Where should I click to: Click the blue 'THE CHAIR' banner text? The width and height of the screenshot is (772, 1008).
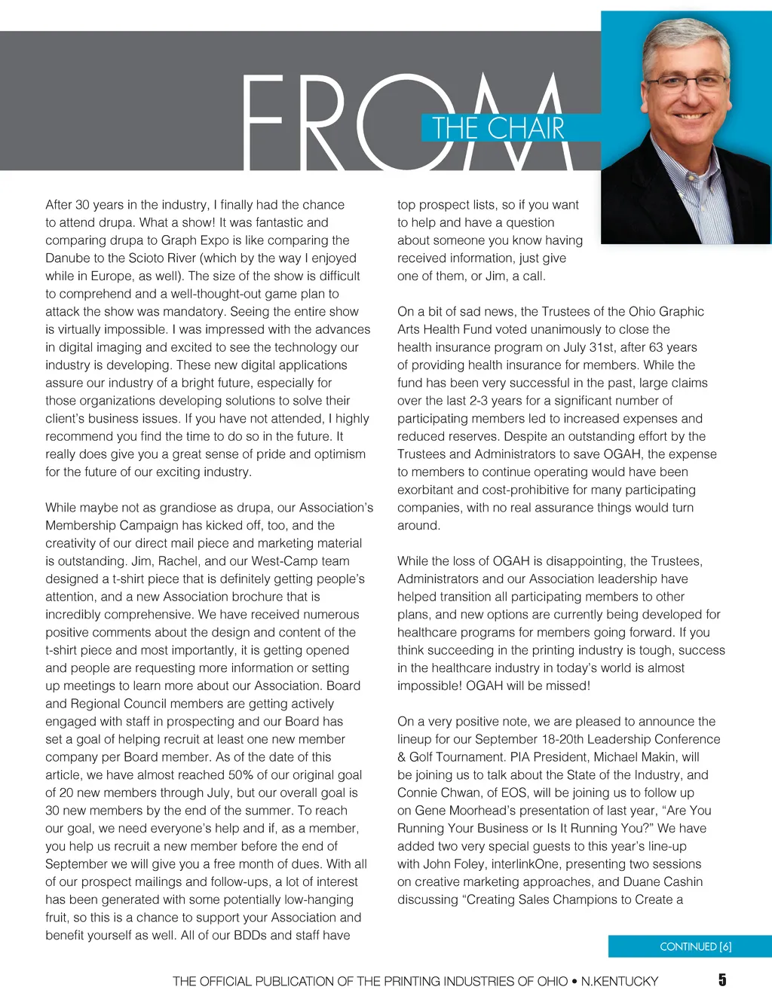click(498, 127)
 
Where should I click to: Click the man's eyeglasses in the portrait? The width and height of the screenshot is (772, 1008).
click(686, 82)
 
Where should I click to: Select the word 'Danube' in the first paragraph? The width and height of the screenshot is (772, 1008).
click(67, 258)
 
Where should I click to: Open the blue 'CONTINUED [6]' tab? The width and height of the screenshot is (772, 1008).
click(695, 947)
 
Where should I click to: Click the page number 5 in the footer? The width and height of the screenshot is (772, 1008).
click(722, 980)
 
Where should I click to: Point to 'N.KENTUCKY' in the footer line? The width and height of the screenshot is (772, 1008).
click(619, 982)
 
